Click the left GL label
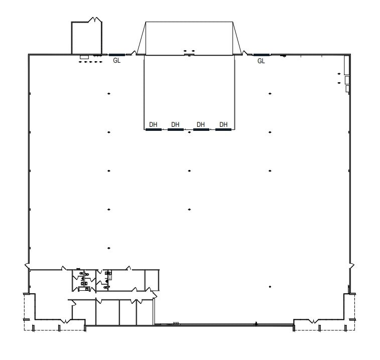pyautogui.click(x=117, y=61)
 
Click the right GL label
pyautogui.click(x=261, y=61)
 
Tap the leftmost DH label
pyautogui.click(x=154, y=124)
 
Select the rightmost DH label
pyautogui.click(x=224, y=124)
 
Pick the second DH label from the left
pyautogui.click(x=175, y=124)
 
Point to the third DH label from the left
pyautogui.click(x=201, y=124)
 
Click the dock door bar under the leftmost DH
pyautogui.click(x=154, y=129)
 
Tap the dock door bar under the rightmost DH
pyautogui.click(x=223, y=129)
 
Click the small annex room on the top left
pyautogui.click(x=86, y=37)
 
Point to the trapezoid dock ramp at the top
pyautogui.click(x=189, y=38)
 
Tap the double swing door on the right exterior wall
pyautogui.click(x=351, y=264)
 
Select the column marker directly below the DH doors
pyautogui.click(x=189, y=133)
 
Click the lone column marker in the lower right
pyautogui.click(x=270, y=287)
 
